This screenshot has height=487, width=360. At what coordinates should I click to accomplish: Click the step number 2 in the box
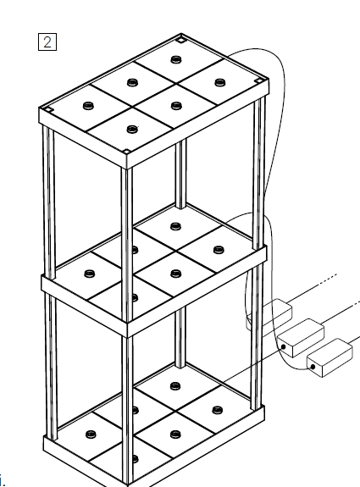point(47,42)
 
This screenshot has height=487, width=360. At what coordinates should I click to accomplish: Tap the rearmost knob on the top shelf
point(176,59)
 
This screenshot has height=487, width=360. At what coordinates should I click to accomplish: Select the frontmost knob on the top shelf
point(132,129)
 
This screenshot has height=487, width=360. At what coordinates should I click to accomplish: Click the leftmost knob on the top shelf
point(89,106)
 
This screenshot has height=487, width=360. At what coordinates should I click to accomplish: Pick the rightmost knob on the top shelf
point(220,82)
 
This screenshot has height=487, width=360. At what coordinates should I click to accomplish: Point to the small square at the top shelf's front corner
point(126,152)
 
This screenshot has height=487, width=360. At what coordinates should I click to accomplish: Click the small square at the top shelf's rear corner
point(180,39)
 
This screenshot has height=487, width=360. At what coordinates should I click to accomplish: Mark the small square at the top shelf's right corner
point(258,80)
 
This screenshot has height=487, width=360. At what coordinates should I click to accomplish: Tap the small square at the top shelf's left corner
point(49,109)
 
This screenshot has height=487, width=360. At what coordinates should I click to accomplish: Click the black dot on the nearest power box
point(313,367)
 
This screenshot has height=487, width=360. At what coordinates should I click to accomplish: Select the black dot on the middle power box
point(283,347)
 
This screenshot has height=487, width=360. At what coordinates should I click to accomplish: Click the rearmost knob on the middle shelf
point(176,226)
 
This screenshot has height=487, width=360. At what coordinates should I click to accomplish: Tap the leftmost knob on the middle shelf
point(90,274)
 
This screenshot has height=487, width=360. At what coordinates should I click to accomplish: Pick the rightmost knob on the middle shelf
point(219,250)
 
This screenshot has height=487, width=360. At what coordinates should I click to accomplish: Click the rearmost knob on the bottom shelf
point(175,386)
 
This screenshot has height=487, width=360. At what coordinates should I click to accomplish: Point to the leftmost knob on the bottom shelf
point(91,434)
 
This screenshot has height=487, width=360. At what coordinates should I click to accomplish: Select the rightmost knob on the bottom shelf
point(218,410)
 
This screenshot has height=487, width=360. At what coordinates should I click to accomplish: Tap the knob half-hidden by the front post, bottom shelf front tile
point(136,459)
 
